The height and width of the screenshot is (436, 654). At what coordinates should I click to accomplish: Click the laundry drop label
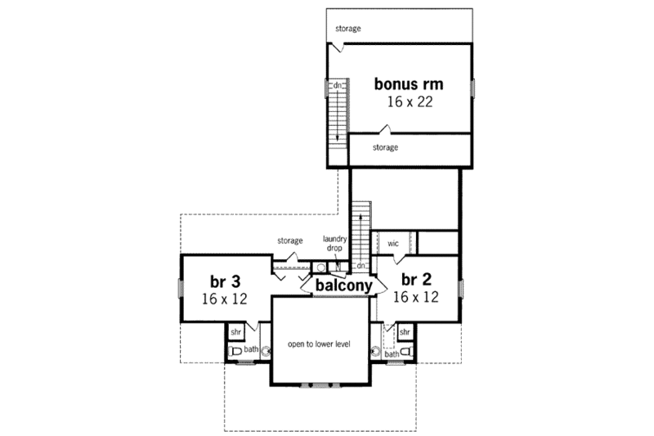tap(336, 243)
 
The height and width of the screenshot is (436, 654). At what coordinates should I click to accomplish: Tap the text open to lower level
tap(318, 344)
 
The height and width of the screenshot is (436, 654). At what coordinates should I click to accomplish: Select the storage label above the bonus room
tap(347, 29)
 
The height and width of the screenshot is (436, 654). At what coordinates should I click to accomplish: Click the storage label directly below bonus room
tap(385, 148)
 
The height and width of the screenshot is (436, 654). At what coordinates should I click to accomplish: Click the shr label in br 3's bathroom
tap(235, 332)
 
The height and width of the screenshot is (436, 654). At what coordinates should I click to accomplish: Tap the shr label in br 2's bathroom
tap(404, 332)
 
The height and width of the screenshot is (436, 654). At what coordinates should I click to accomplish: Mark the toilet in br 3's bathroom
tap(235, 352)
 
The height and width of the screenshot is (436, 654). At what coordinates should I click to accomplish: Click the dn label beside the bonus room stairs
tap(336, 85)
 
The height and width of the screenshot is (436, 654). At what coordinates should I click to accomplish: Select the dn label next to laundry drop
tap(360, 267)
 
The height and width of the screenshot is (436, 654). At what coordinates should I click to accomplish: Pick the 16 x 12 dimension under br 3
tap(224, 299)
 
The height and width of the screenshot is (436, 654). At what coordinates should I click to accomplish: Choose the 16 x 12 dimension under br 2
tap(415, 298)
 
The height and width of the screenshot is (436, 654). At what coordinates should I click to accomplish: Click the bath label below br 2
tap(391, 354)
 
